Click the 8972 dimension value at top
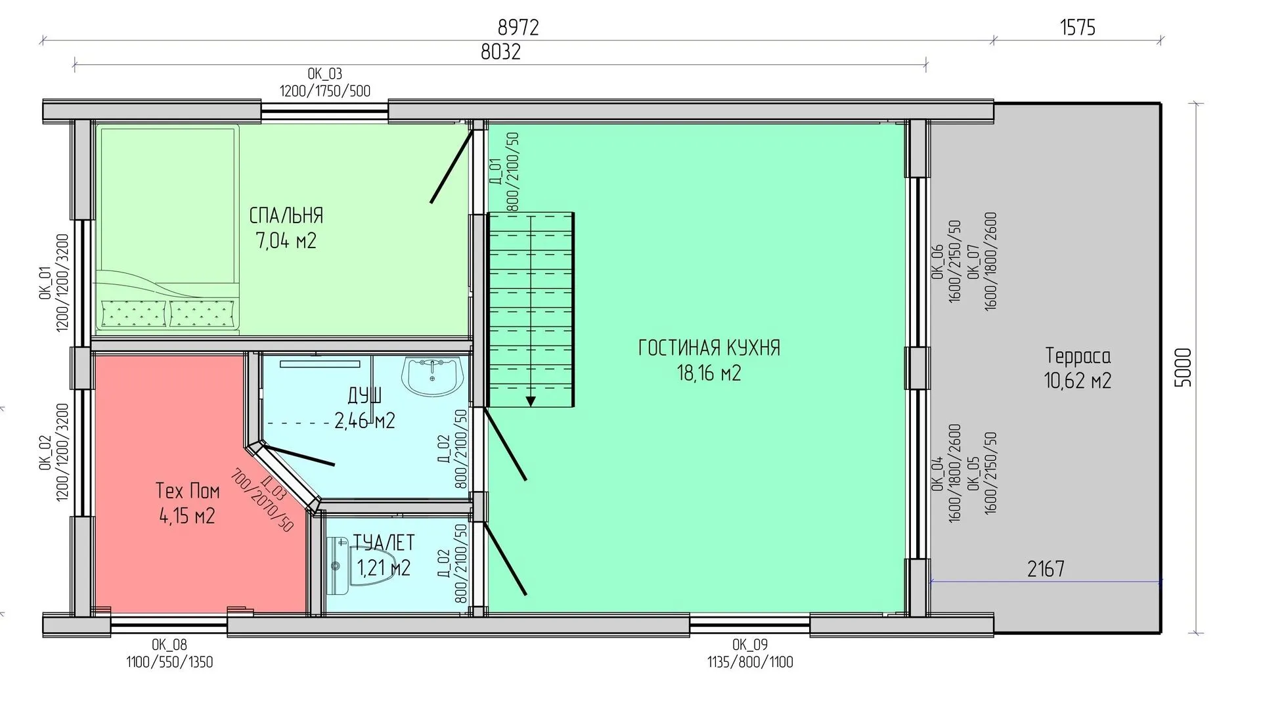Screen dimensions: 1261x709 pyautogui.click(x=518, y=27)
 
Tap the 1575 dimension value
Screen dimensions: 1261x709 pyautogui.click(x=1078, y=27)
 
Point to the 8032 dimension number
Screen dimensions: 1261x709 pyautogui.click(x=500, y=52)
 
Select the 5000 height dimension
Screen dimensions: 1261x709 pyautogui.click(x=1182, y=368)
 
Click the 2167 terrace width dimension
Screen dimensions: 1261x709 pyautogui.click(x=1046, y=569)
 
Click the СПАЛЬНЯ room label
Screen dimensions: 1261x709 pyautogui.click(x=286, y=215)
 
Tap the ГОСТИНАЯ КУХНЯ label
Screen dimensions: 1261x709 pyautogui.click(x=709, y=347)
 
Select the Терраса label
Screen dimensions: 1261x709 pyautogui.click(x=1078, y=356)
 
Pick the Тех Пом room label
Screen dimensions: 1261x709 pyautogui.click(x=187, y=490)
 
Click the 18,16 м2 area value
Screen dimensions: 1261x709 pyautogui.click(x=709, y=373)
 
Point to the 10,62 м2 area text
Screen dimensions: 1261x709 pyautogui.click(x=1078, y=381)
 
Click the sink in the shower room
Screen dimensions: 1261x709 pyautogui.click(x=433, y=377)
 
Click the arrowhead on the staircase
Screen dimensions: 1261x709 pyautogui.click(x=531, y=401)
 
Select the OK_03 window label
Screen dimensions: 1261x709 pyautogui.click(x=324, y=74)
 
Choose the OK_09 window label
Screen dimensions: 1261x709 pyautogui.click(x=750, y=645)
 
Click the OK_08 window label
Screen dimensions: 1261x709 pyautogui.click(x=169, y=645)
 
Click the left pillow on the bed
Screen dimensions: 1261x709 pyautogui.click(x=135, y=312)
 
